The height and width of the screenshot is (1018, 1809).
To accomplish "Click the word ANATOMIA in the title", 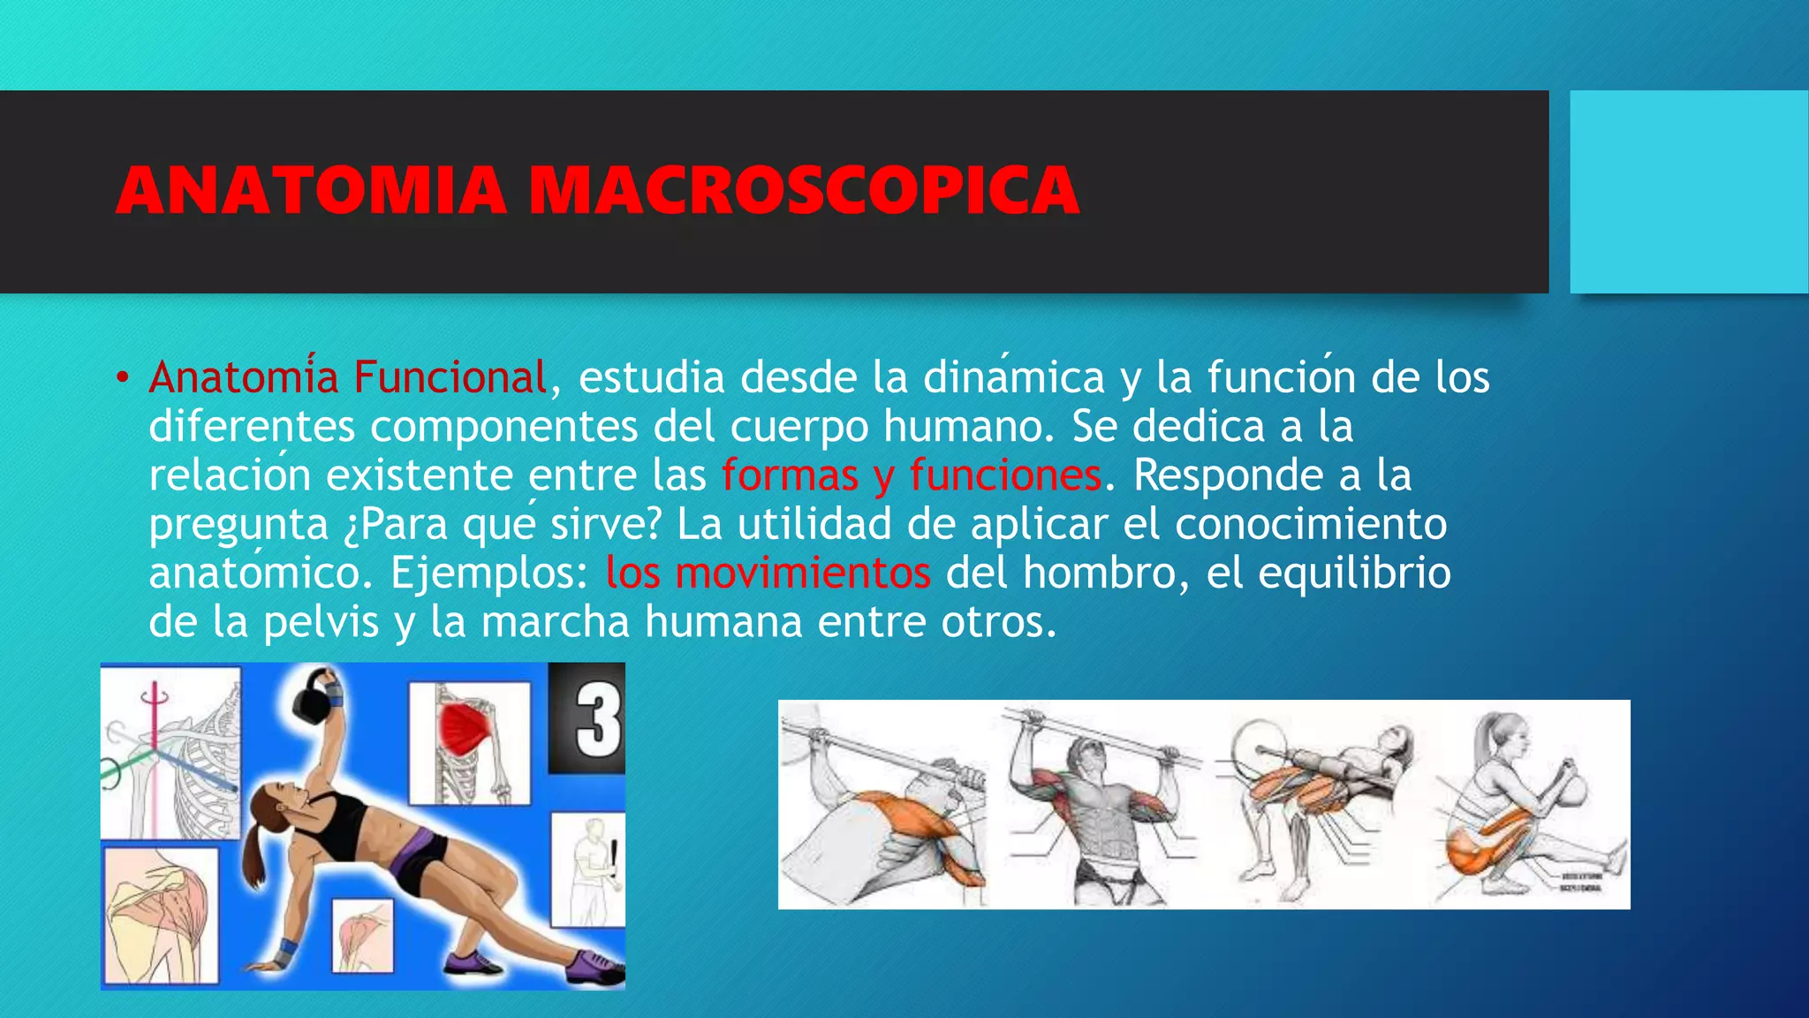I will pyautogui.click(x=311, y=190).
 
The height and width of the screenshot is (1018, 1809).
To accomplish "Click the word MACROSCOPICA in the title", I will pyautogui.click(x=804, y=190).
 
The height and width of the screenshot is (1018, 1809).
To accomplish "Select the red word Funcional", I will pyautogui.click(x=450, y=377).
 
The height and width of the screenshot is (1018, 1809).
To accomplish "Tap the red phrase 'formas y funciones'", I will pyautogui.click(x=912, y=475).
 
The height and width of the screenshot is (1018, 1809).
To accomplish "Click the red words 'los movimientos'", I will pyautogui.click(x=768, y=573).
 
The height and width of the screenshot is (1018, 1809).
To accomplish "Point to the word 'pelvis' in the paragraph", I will pyautogui.click(x=322, y=621).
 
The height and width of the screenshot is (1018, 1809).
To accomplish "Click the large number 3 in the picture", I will pyautogui.click(x=598, y=720).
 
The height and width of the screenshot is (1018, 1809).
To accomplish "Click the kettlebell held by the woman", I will pyautogui.click(x=313, y=698).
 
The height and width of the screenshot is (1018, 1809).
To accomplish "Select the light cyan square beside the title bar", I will pyautogui.click(x=1688, y=192).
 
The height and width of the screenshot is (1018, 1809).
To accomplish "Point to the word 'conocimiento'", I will pyautogui.click(x=1311, y=524).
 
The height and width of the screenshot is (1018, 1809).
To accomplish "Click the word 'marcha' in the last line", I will pyautogui.click(x=555, y=621).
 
